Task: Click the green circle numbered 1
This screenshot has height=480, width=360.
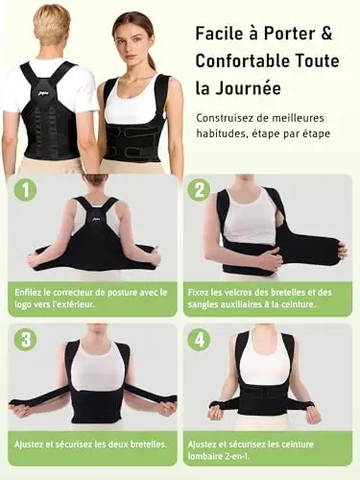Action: point(26,190)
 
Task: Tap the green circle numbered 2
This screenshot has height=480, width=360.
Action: point(200,190)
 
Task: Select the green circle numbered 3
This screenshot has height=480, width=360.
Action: point(26,340)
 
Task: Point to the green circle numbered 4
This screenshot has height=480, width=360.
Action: point(200,340)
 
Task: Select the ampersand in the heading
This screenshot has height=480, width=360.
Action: point(325,33)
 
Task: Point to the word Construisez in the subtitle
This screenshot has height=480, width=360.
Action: point(224,118)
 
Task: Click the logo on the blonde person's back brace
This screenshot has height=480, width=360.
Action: point(36,94)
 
